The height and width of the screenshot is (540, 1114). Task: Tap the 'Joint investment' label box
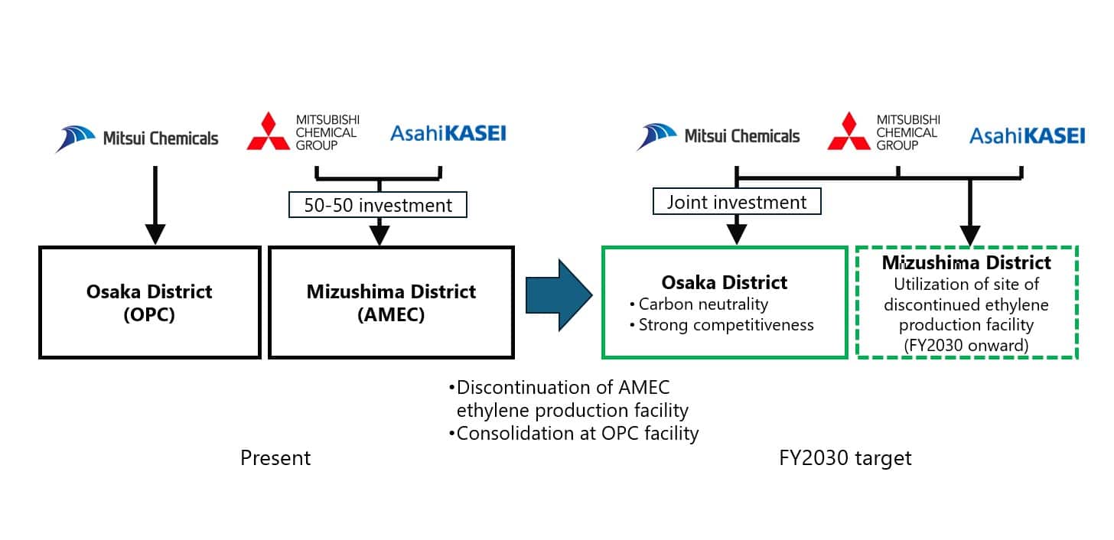pos(736,202)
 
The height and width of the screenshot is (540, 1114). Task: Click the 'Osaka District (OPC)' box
pos(150,302)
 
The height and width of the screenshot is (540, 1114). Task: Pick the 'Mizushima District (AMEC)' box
pos(391,302)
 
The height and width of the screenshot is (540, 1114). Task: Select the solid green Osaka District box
pos(725,302)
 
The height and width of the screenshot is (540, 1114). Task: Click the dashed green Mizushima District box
pos(966,302)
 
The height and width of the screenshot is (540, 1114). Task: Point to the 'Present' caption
pos(275,458)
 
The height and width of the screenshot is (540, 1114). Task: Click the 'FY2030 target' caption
pos(845,458)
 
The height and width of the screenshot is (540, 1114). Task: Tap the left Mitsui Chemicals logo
pos(137,138)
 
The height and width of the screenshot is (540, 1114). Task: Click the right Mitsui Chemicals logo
pos(718,137)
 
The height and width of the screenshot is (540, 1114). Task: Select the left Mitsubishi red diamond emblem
pos(268,132)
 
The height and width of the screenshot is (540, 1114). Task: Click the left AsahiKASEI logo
pos(448,134)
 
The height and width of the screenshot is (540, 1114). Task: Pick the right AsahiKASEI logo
pos(1027,136)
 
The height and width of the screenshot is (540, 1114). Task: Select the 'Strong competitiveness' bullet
pos(721,325)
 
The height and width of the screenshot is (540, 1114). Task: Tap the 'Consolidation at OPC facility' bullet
pos(574,434)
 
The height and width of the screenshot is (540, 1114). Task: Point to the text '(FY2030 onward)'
pos(966,345)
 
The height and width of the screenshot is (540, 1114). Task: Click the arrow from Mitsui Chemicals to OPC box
pos(155,203)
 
